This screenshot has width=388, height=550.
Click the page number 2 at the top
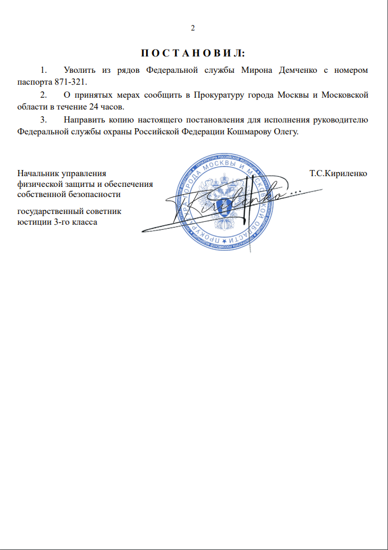(x=193, y=28)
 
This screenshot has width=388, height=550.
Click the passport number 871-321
(x=70, y=81)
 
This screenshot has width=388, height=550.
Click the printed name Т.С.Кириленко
(x=338, y=173)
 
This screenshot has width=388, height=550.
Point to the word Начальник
(x=38, y=173)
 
